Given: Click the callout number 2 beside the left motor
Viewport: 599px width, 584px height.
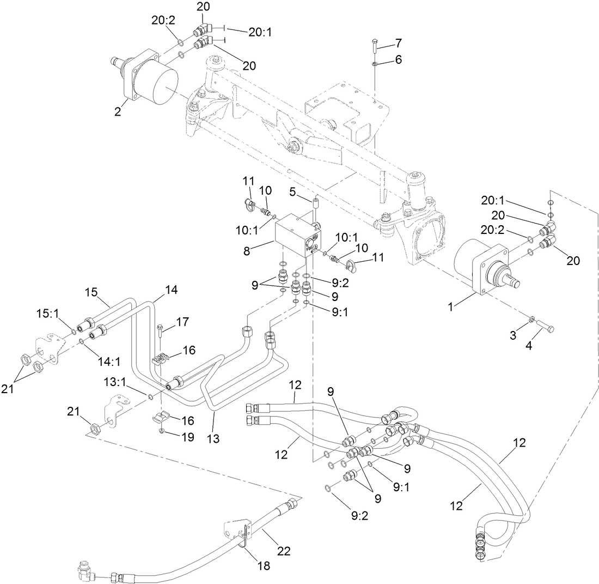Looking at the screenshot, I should click(117, 112).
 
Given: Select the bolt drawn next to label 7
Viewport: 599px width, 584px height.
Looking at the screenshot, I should click(375, 46).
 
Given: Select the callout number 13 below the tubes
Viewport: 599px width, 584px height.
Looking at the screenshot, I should click(213, 437).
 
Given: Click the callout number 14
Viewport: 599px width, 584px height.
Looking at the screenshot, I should click(172, 291).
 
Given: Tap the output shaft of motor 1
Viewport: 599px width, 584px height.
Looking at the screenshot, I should click(518, 283).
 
